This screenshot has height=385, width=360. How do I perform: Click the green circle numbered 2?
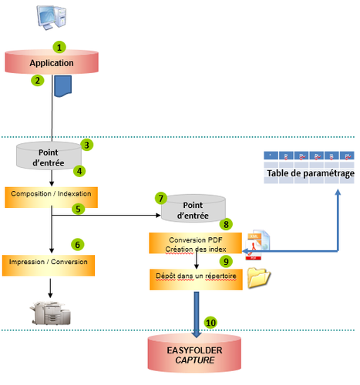35,79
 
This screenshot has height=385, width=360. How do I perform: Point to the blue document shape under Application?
62,87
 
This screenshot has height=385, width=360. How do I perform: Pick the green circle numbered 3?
87,144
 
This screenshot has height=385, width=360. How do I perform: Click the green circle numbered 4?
78,170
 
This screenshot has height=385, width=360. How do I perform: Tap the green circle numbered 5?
78,208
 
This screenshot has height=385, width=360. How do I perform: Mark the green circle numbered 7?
160,198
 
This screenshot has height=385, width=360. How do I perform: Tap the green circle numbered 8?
226,224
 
